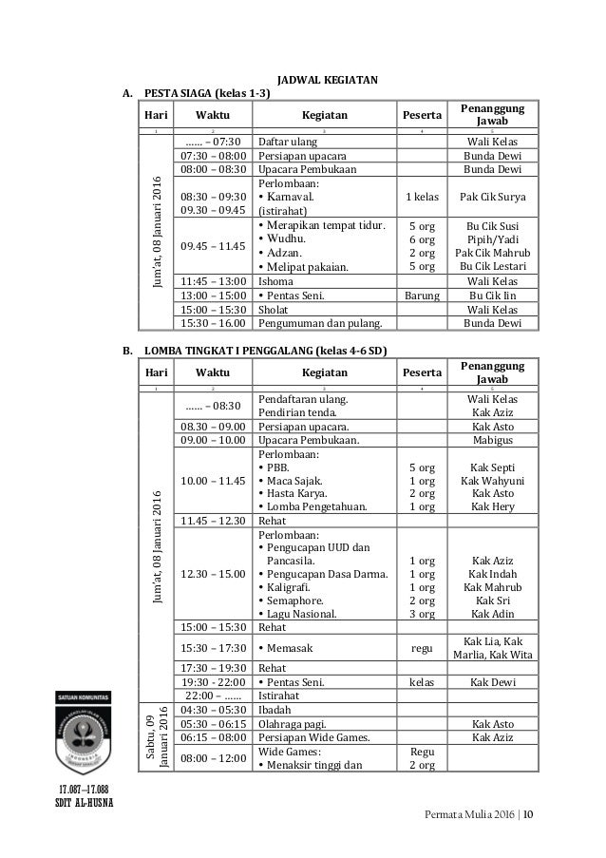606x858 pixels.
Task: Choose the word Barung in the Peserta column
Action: point(422,296)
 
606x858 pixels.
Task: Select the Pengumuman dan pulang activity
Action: point(317,323)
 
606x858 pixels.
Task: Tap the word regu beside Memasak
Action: point(422,647)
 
